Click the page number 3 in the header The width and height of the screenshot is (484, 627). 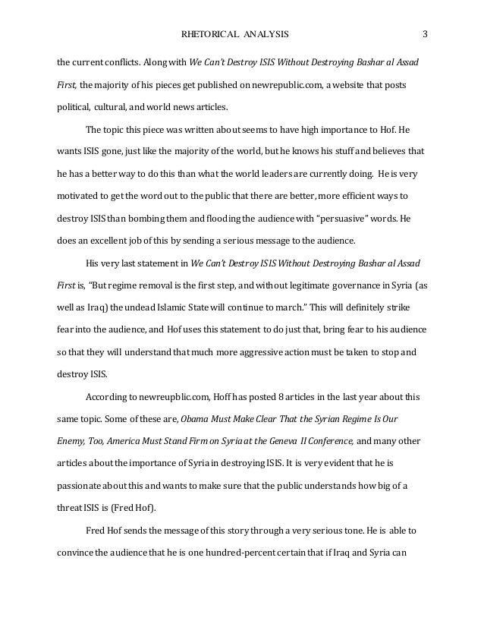[426, 34]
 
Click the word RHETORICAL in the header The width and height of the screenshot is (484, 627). [209, 34]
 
